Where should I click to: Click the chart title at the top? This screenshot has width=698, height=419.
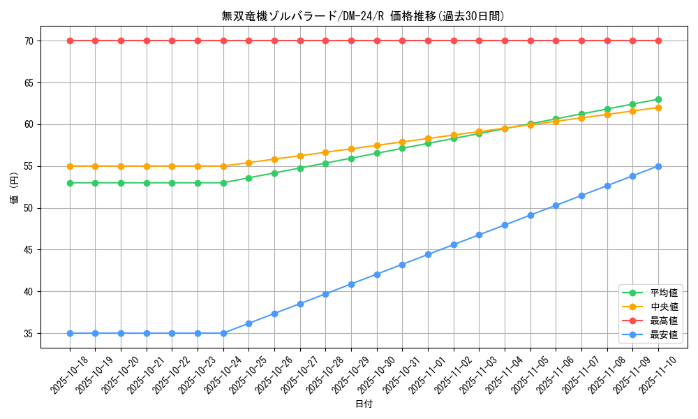tap(363, 16)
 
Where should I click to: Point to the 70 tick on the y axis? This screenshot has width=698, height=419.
tap(29, 41)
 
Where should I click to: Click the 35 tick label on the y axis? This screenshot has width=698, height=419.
tap(29, 334)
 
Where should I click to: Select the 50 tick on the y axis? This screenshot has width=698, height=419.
tap(29, 208)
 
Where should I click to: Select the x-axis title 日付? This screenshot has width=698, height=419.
tap(364, 404)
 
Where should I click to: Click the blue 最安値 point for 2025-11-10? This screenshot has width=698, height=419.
tap(658, 166)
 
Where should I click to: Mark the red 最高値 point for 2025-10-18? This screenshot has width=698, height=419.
tap(70, 41)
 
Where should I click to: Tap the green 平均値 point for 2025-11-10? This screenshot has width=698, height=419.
tap(658, 99)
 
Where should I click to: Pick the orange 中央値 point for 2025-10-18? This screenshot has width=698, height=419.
tap(70, 166)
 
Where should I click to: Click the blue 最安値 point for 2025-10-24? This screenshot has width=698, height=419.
tap(223, 333)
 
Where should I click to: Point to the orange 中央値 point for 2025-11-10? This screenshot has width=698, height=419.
tap(658, 108)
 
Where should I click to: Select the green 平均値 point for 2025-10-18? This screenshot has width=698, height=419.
tap(70, 183)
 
